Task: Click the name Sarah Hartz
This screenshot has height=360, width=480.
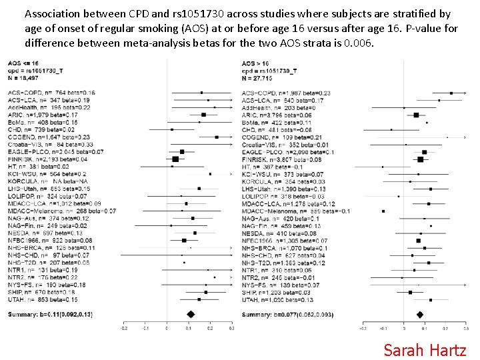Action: tap(425, 349)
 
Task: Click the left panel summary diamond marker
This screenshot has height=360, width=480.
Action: tap(189, 314)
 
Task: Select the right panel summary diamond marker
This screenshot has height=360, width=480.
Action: tap(420, 315)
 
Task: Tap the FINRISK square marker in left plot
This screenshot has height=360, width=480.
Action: tap(175, 159)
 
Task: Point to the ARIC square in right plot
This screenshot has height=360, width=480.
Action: tap(416, 115)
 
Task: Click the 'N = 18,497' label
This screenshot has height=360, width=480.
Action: tap(24, 79)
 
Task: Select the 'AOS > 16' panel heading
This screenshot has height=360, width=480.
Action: tap(256, 64)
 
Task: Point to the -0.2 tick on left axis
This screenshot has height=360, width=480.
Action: tap(124, 328)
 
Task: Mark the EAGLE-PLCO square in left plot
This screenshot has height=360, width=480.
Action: tap(181, 152)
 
